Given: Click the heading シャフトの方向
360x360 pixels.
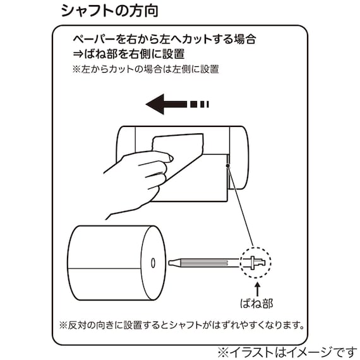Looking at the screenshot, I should pos(109,11).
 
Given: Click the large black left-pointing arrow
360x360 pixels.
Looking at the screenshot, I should pos(166,104).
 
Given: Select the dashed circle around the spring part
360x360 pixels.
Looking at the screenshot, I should pos(256,261).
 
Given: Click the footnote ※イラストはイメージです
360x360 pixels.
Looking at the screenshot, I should pos(287,350).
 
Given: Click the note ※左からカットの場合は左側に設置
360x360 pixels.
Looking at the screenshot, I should pos(145,69).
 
